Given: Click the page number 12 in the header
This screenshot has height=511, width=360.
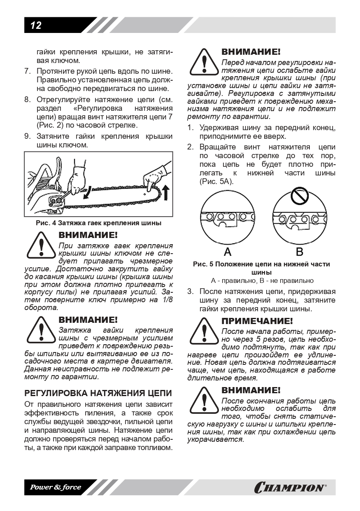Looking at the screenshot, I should [36, 26].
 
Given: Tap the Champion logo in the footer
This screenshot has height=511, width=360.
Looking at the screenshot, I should [290, 488].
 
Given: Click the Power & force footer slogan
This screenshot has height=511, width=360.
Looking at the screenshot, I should [56, 488].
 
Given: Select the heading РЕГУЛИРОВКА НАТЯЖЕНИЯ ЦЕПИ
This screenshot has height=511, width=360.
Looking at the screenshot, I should [98, 393].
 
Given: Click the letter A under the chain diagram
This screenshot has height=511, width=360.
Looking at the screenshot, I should [227, 252].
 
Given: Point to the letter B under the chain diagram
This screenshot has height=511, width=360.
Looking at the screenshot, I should [300, 252].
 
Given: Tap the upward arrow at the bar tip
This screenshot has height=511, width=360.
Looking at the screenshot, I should [166, 192].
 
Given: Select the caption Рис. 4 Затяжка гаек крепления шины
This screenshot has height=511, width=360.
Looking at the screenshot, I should [98, 223].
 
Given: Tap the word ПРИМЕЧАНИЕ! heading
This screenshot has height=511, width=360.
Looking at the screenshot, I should [257, 321].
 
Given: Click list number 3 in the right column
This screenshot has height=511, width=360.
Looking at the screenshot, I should [190, 292].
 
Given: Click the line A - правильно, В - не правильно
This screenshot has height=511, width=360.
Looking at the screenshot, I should [262, 281].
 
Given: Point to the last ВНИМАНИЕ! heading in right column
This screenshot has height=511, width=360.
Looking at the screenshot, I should [251, 390].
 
